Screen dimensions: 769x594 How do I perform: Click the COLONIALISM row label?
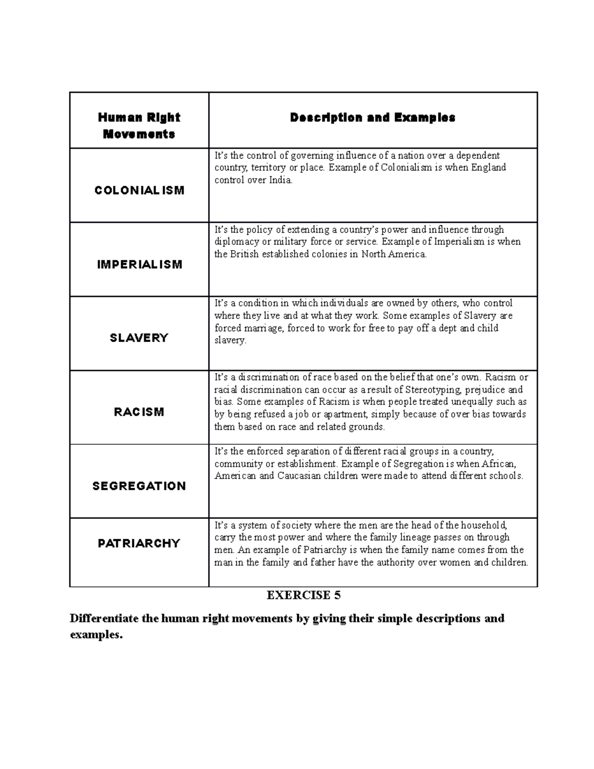(x=139, y=190)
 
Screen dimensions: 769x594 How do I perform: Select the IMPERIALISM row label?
(x=140, y=264)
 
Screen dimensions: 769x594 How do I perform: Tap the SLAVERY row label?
(x=139, y=338)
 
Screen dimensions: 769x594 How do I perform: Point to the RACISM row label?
(x=139, y=412)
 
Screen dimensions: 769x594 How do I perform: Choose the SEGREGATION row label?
(x=139, y=486)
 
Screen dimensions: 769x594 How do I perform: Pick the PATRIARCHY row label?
(x=139, y=543)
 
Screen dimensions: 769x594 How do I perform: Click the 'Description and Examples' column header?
(x=373, y=118)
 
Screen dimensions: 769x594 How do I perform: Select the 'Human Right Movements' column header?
(x=139, y=126)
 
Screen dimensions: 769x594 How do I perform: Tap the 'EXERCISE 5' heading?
(x=303, y=595)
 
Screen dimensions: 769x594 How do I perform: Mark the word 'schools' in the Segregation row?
(x=505, y=476)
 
